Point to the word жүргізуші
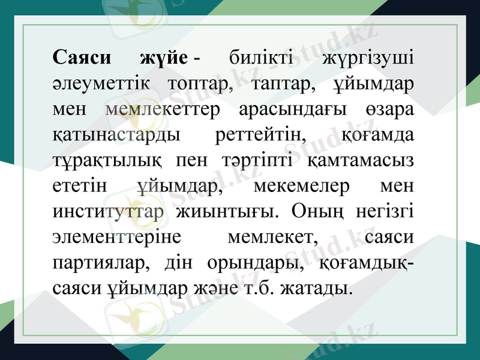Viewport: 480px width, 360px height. pos(368,59)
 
